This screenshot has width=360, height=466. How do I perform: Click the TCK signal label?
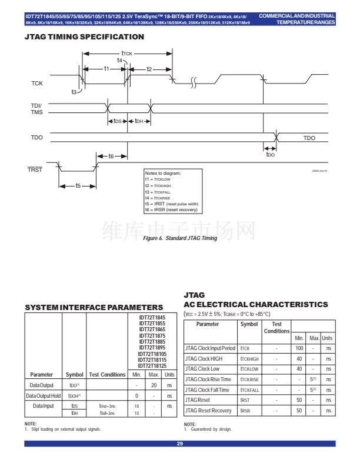click(x=36, y=83)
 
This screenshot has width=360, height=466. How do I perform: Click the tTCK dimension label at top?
click(x=126, y=53)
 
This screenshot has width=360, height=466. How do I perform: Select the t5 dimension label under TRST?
click(x=78, y=185)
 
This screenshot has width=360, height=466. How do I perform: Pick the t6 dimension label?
click(x=111, y=156)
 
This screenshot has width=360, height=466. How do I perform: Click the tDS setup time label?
click(x=117, y=121)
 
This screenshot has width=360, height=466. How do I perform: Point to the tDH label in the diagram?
click(x=139, y=121)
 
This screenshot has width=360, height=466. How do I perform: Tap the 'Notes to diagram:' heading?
click(x=163, y=174)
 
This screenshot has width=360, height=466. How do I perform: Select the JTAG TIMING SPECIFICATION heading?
click(x=85, y=37)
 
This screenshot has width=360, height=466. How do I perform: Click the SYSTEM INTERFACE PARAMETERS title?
click(x=94, y=307)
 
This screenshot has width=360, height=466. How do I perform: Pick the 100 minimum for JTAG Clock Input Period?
click(x=299, y=349)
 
